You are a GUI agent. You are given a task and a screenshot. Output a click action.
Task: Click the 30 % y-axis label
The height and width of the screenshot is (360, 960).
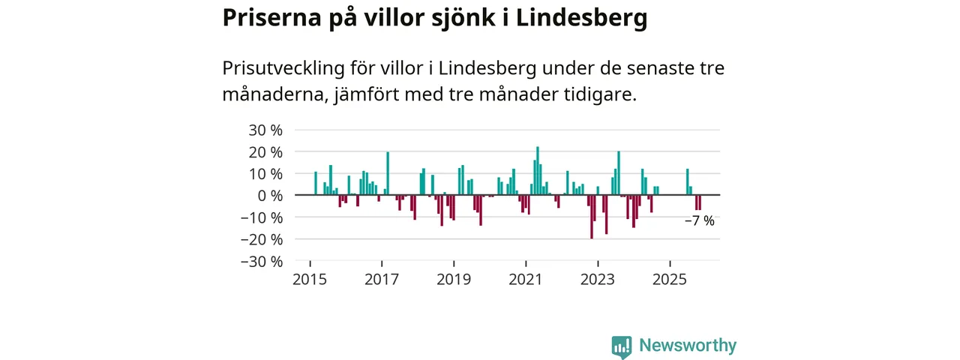pos(265,130)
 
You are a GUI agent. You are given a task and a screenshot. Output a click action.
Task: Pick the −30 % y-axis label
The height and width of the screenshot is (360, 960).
pos(261,262)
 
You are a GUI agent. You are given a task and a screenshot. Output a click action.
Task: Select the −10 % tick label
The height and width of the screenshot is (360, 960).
pos(261,217)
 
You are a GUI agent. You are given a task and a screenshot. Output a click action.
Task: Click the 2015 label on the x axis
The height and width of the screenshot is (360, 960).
pos(310,280)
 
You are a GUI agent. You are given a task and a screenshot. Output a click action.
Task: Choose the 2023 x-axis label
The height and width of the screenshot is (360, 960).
pos(598,280)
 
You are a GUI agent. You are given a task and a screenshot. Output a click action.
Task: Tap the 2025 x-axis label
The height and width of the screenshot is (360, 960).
pos(670,280)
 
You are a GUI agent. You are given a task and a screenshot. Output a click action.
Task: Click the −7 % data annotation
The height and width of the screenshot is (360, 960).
pos(700,221)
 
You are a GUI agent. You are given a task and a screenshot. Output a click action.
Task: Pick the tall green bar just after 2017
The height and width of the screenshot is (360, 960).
pos(388,173)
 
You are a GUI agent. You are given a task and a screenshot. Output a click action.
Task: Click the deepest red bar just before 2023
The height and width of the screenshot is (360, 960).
pos(592,217)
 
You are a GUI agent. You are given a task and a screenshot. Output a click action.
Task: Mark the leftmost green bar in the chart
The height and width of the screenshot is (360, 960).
pos(316,184)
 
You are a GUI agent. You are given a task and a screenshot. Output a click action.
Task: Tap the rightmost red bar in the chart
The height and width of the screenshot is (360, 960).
pos(700,202)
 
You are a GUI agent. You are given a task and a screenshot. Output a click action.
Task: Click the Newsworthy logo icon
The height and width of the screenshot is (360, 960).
pos(621,346)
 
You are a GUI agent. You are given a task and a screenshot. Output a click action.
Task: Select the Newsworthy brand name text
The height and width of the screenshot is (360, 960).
pos(687,346)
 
